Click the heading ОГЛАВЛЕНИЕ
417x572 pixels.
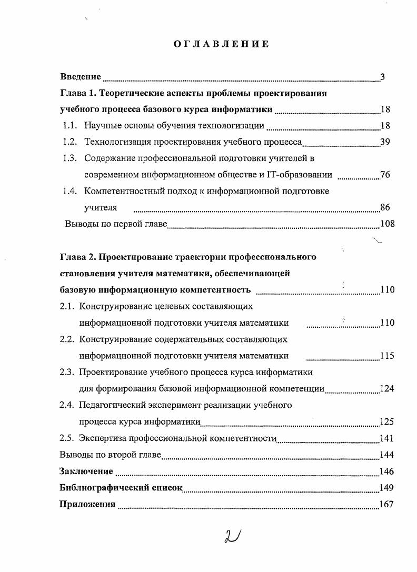(221, 44)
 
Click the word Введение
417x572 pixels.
(81, 77)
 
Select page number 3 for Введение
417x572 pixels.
(383, 77)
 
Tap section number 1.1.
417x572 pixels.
(71, 126)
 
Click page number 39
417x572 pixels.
(385, 142)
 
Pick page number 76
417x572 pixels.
(385, 175)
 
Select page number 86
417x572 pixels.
(385, 207)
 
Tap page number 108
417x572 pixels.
(387, 224)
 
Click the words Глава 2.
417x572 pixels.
(77, 257)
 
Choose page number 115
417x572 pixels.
(387, 356)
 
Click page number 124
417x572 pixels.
(387, 389)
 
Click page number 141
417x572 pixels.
(386, 438)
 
